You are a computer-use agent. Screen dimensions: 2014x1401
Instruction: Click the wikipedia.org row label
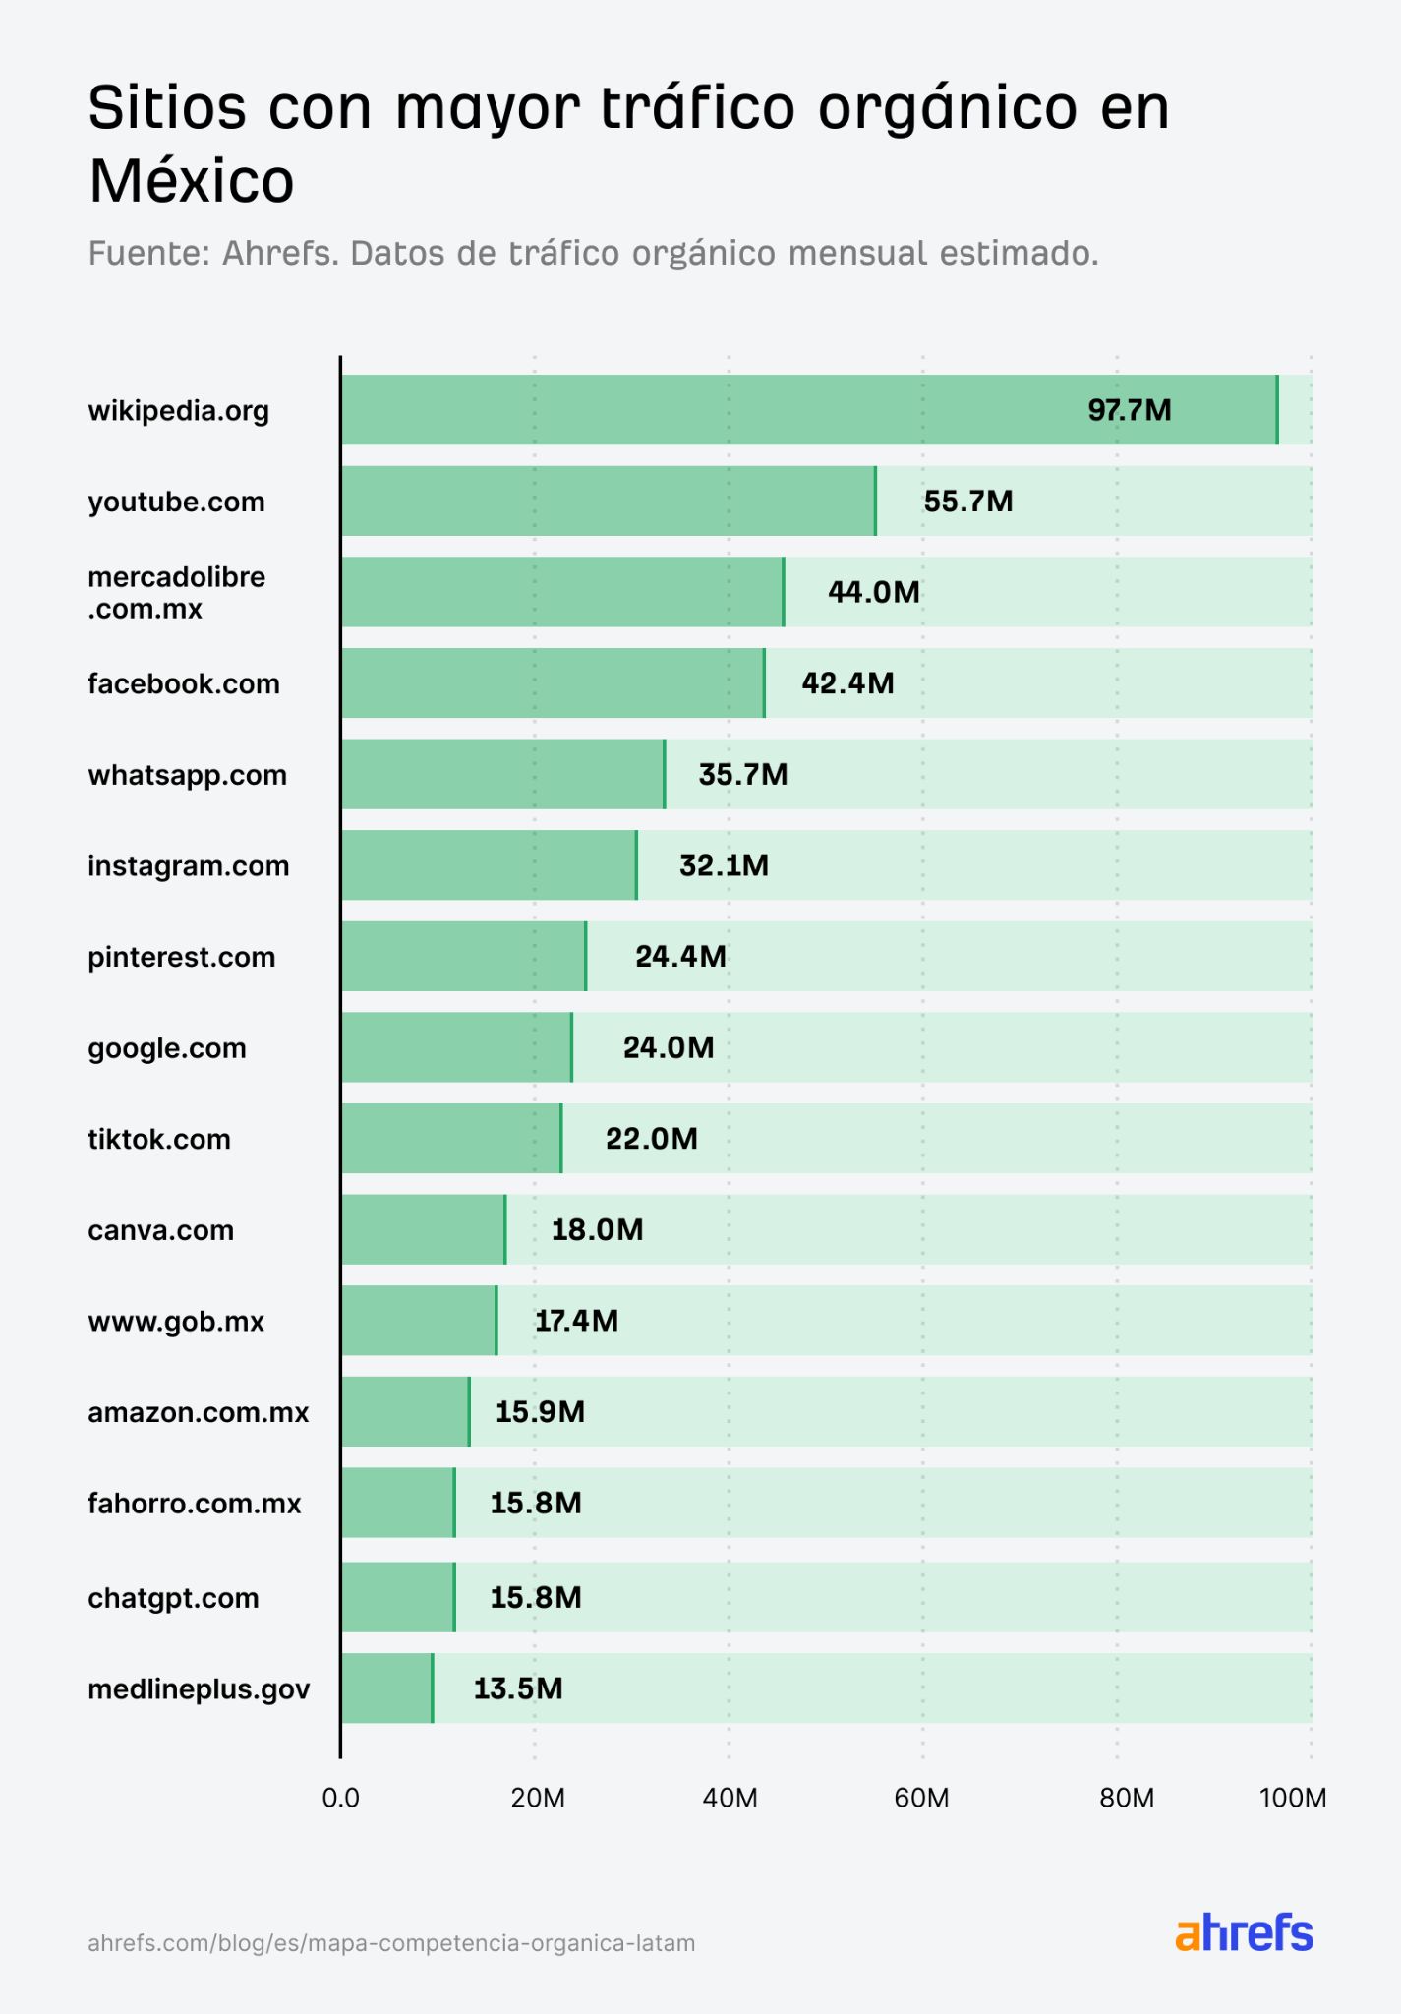178,410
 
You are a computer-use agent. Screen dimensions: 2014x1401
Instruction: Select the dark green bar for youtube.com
608,501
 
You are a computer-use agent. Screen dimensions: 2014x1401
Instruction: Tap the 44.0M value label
873,592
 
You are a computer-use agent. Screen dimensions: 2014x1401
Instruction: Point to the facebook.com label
184,683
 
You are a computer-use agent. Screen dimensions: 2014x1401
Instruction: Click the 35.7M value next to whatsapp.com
742,774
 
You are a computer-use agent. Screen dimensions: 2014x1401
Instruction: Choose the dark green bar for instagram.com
489,865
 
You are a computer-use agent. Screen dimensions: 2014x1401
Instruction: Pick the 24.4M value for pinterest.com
680,956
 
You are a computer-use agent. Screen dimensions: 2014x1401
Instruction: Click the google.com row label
167,1048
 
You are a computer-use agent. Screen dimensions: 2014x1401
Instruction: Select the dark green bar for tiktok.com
451,1138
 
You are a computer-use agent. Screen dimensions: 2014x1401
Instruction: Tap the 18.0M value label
597,1229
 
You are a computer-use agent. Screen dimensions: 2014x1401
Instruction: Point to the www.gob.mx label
176,1321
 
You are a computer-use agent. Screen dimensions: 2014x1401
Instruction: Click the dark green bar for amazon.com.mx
405,1411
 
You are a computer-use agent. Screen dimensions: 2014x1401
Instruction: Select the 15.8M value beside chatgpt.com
536,1597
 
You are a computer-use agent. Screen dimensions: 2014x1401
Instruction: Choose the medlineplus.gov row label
199,1689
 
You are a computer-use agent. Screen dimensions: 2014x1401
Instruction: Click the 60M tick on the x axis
921,1799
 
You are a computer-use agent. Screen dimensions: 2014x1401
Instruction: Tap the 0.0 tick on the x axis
340,1799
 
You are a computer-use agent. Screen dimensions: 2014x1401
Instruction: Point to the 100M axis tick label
1292,1799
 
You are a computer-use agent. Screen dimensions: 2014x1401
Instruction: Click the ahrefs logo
1244,1933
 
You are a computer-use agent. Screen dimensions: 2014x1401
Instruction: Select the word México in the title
192,181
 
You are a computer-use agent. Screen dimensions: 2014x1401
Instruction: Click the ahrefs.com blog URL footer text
391,1943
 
